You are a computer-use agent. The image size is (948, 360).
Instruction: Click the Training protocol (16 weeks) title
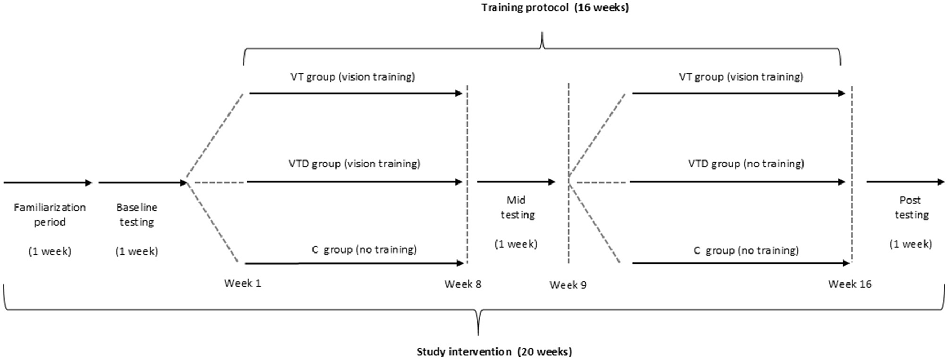click(555, 7)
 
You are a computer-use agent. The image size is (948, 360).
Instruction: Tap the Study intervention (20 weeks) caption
click(494, 351)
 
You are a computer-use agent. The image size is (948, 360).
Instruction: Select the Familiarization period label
click(50, 215)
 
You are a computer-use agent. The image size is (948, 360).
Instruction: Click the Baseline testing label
click(136, 215)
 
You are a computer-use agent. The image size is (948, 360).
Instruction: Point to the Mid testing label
click(517, 207)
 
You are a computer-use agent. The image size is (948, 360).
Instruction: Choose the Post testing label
click(911, 207)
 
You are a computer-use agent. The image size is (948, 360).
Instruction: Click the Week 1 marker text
click(242, 283)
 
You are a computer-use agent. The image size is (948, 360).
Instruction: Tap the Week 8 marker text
click(463, 284)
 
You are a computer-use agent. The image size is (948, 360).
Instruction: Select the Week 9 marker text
click(568, 285)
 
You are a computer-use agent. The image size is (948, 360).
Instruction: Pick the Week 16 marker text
click(850, 284)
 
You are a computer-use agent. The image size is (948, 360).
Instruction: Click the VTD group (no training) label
click(746, 164)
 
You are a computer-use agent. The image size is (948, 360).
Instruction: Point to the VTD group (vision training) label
click(354, 164)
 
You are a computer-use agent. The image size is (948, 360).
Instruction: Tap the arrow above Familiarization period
click(48, 183)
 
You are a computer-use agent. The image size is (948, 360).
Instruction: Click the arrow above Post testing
click(905, 182)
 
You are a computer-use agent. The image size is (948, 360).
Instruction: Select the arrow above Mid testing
click(516, 182)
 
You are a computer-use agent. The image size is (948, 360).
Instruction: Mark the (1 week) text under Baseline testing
click(136, 251)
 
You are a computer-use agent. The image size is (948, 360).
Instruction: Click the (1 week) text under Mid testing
click(516, 244)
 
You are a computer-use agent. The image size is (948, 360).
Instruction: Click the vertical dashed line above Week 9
click(568, 134)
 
